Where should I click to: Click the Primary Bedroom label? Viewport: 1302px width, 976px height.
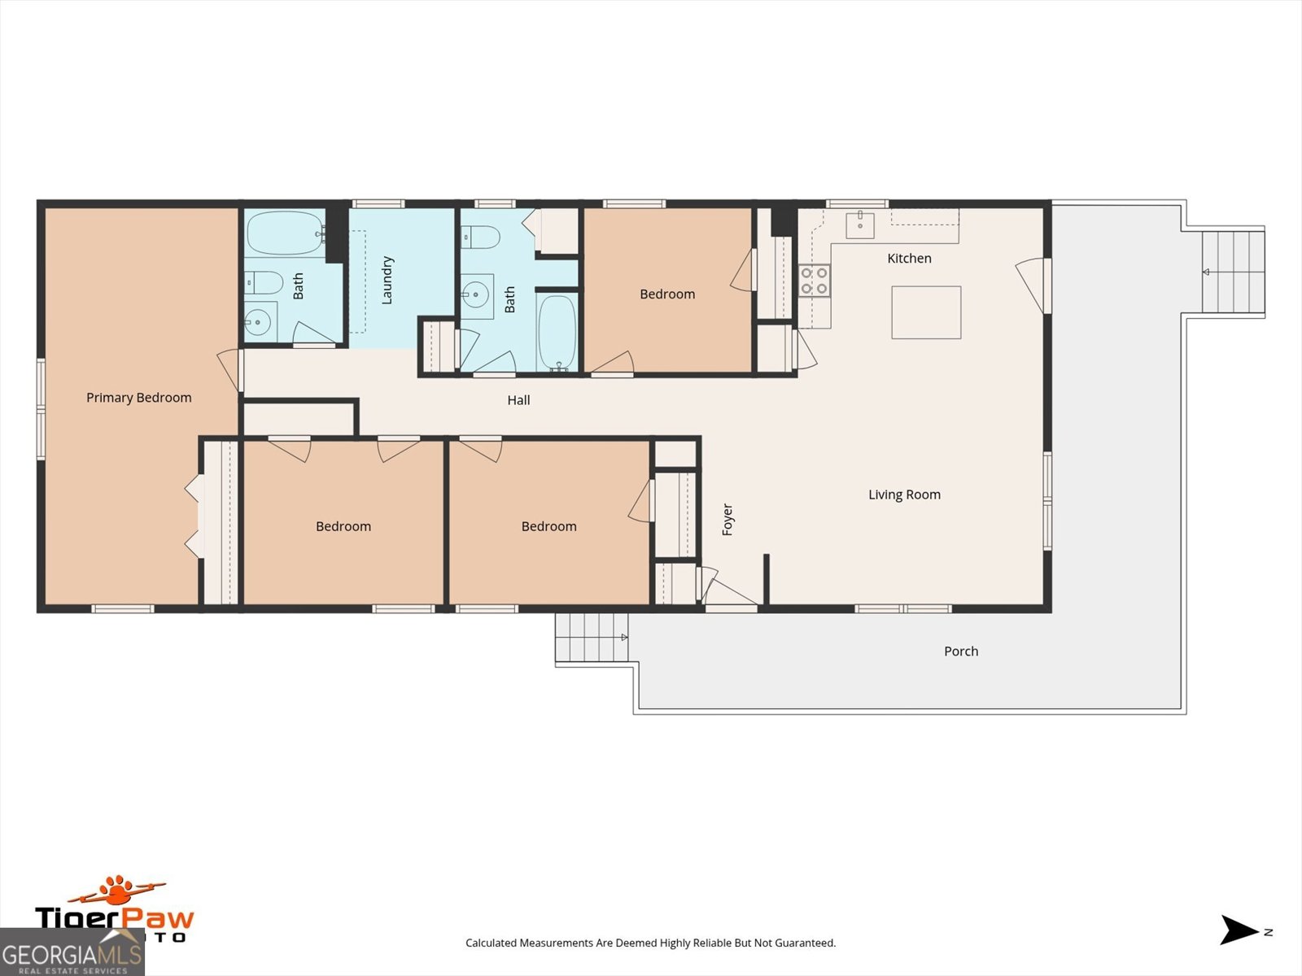pyautogui.click(x=139, y=398)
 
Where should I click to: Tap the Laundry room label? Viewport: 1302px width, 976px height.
pyautogui.click(x=387, y=281)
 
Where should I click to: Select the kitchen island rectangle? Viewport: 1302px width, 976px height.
pyautogui.click(x=926, y=312)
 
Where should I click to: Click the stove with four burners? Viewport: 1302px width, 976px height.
pyautogui.click(x=814, y=281)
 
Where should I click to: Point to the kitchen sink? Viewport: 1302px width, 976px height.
pyautogui.click(x=860, y=224)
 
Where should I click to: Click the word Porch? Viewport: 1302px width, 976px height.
pyautogui.click(x=961, y=651)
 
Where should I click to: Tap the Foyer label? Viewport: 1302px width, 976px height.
pyautogui.click(x=728, y=520)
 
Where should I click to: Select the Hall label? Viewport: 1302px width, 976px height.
pyautogui.click(x=518, y=400)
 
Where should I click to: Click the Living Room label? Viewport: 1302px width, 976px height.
pyautogui.click(x=904, y=495)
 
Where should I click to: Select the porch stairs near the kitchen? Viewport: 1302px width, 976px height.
pyautogui.click(x=1233, y=272)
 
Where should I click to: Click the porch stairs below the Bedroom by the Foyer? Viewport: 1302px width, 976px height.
pyautogui.click(x=592, y=637)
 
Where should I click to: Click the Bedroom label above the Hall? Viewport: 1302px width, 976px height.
pyautogui.click(x=667, y=294)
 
